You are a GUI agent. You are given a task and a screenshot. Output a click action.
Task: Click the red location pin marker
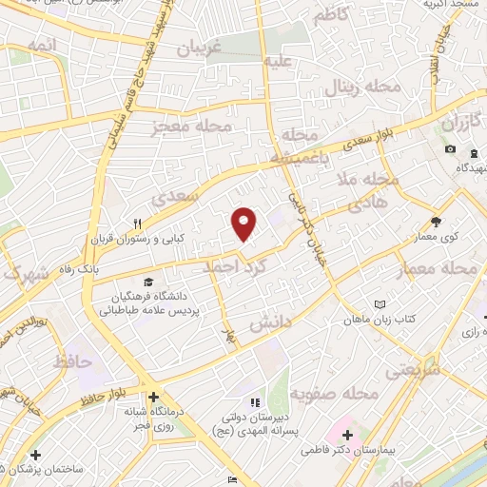tap(244, 223)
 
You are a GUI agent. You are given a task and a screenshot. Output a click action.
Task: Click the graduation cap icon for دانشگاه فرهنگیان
tap(147, 282)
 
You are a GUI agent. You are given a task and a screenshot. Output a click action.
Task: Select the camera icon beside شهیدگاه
tap(449, 150)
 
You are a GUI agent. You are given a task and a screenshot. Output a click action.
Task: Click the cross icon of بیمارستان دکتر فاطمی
tap(347, 436)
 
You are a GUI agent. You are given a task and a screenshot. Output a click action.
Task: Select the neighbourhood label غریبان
tap(201, 48)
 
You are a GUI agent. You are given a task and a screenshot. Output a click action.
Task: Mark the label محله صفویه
tap(334, 393)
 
